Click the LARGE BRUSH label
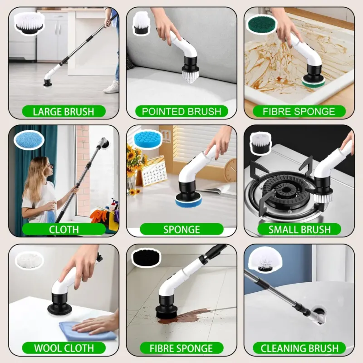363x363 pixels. [64, 112]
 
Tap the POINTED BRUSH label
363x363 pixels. [181, 111]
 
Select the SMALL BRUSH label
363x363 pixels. [299, 230]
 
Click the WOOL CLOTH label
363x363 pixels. [64, 348]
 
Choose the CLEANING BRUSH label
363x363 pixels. [299, 348]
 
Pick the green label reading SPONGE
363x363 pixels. [181, 230]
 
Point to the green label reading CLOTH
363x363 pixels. [64, 230]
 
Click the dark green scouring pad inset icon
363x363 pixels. [262, 24]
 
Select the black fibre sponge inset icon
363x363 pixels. [146, 257]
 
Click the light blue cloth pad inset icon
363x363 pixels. [29, 140]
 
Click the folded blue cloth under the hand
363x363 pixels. [87, 331]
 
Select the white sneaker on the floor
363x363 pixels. [112, 88]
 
